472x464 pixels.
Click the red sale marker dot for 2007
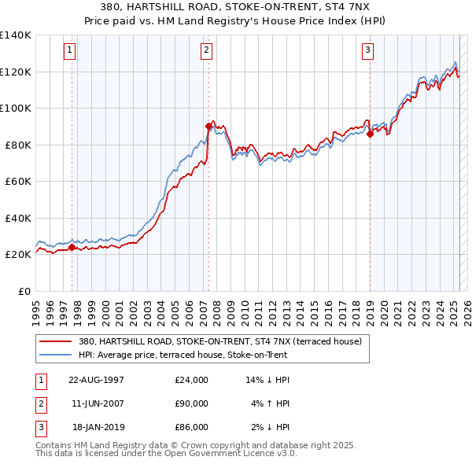(208, 126)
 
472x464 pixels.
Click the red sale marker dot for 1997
(72, 247)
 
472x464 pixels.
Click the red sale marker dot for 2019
(370, 134)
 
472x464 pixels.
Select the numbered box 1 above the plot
(70, 51)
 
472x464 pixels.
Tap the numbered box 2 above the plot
(206, 51)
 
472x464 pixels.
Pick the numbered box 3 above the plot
(367, 51)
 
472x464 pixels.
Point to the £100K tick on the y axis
(15, 108)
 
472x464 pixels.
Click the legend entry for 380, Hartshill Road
(219, 342)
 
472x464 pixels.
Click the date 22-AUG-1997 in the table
(97, 380)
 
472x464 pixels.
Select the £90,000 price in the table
(191, 403)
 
